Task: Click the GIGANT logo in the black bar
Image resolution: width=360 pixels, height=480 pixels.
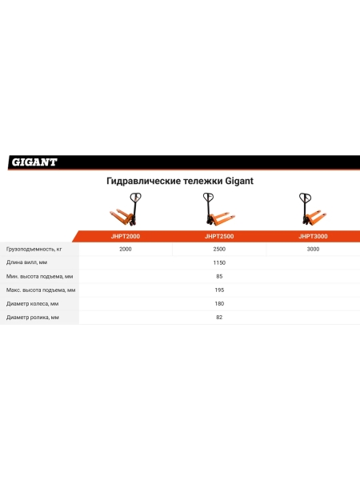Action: [34, 162]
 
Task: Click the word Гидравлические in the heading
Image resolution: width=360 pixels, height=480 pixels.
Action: [143, 182]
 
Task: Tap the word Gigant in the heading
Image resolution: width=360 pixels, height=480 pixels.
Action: [239, 181]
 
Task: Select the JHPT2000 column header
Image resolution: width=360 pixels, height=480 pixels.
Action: [126, 236]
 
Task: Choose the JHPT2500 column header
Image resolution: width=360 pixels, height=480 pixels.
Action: [219, 236]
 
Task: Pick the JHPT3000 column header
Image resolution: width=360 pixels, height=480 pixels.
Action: [313, 236]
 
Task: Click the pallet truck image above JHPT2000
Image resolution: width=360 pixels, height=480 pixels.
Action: [126, 210]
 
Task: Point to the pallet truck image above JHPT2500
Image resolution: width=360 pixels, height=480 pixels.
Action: [219, 210]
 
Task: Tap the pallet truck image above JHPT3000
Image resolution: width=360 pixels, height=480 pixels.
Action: [313, 209]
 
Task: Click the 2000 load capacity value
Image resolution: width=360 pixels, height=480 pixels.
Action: [126, 249]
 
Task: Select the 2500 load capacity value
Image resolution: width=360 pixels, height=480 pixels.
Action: [219, 249]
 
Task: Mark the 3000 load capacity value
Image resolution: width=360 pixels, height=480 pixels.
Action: [313, 249]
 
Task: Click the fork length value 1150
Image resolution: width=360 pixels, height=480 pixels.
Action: [219, 262]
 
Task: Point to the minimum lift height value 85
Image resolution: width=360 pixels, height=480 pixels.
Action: [219, 277]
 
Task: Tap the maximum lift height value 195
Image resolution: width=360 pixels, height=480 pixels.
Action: [219, 290]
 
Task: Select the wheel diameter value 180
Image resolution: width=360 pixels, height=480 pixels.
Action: [219, 304]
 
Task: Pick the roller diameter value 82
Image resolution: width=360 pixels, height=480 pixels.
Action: [219, 317]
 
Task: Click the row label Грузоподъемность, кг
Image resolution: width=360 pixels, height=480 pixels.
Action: [34, 249]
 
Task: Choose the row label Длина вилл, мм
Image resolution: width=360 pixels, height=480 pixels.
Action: [26, 262]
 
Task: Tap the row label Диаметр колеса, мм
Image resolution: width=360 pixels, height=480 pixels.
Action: [32, 304]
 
